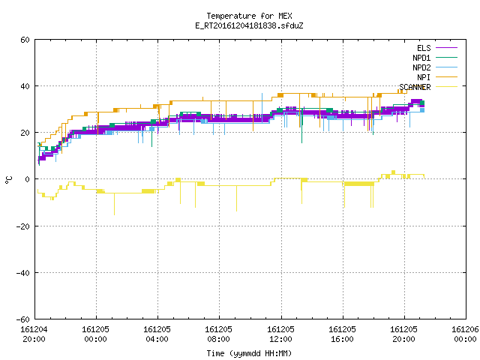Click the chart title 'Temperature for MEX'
[x=249, y=16]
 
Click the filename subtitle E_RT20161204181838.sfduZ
[x=249, y=25]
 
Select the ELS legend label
[x=424, y=48]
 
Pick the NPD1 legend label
[x=421, y=58]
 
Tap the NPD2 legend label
[x=421, y=67]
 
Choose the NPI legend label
[x=424, y=77]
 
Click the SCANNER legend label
[x=415, y=87]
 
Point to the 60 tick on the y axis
[x=25, y=40]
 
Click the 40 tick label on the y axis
[x=25, y=86]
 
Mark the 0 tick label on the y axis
[x=28, y=179]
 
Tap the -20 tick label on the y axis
[x=23, y=226]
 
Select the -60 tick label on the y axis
[x=23, y=319]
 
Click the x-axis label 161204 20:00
[x=34, y=334]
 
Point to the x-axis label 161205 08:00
[x=218, y=334]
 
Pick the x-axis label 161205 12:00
[x=280, y=334]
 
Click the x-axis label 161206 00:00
[x=465, y=334]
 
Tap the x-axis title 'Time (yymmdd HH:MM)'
[x=249, y=353]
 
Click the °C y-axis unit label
[x=8, y=180]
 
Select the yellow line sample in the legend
[x=446, y=87]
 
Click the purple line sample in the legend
[x=446, y=48]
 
